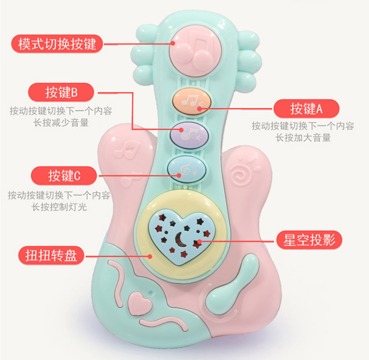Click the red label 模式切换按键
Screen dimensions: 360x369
point(57,44)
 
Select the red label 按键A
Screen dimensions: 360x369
point(306,109)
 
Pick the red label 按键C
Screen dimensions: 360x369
point(64,176)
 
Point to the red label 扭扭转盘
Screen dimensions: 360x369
point(51,256)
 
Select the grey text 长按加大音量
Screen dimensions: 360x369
point(303,138)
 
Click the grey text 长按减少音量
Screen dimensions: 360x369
point(61,122)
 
